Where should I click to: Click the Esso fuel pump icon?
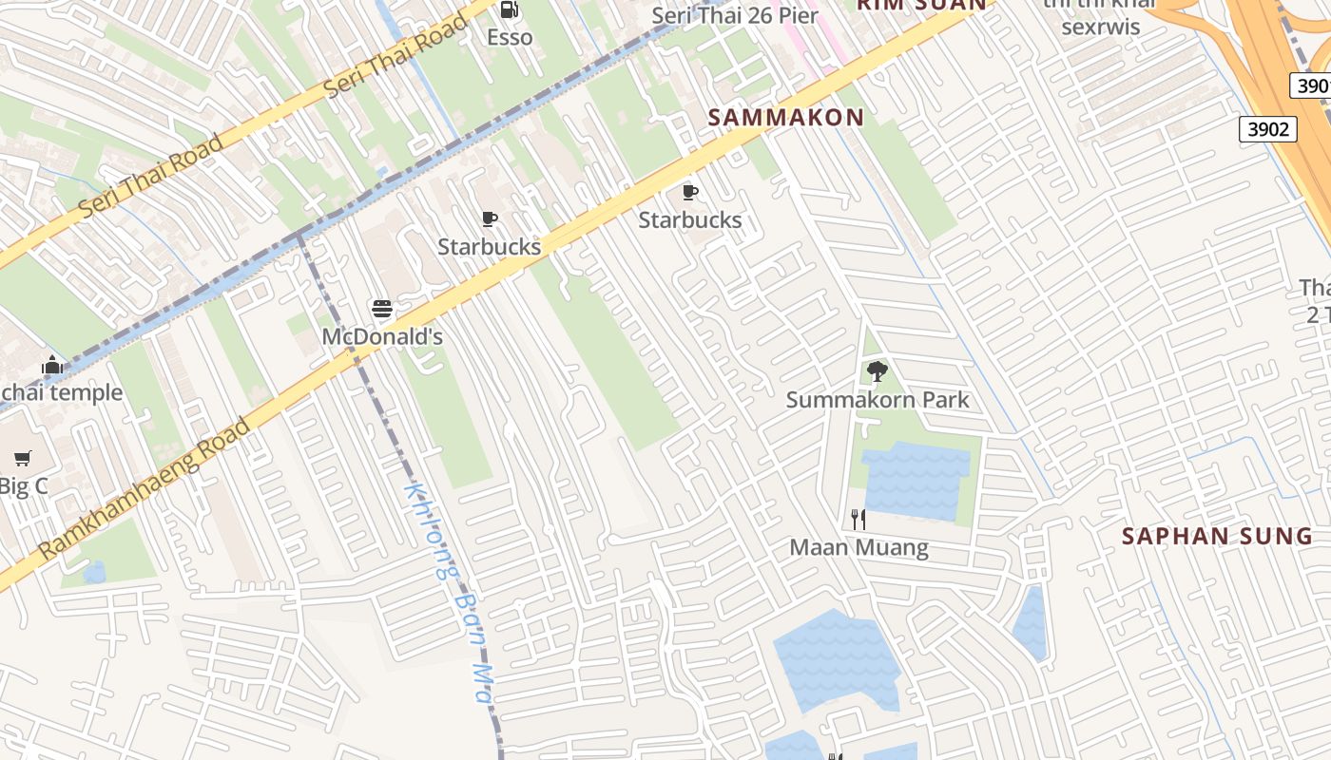click(x=510, y=9)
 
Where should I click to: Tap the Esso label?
click(x=510, y=37)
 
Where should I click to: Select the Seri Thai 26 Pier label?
click(x=735, y=16)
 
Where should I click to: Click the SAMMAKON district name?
click(x=786, y=118)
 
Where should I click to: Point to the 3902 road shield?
click(x=1268, y=129)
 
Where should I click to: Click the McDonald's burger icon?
click(x=382, y=310)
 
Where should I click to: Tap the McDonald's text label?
click(x=382, y=336)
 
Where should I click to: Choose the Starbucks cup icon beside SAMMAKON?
click(x=690, y=193)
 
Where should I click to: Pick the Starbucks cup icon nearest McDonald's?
click(x=490, y=219)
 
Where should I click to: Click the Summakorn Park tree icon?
click(x=877, y=371)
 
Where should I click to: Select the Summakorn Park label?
click(x=878, y=399)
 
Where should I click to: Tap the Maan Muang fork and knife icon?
click(x=858, y=520)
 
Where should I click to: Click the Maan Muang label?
click(x=858, y=548)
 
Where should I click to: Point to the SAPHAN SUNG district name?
click(x=1217, y=536)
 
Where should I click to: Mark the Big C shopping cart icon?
click(x=23, y=459)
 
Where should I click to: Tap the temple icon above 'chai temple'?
click(x=52, y=366)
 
